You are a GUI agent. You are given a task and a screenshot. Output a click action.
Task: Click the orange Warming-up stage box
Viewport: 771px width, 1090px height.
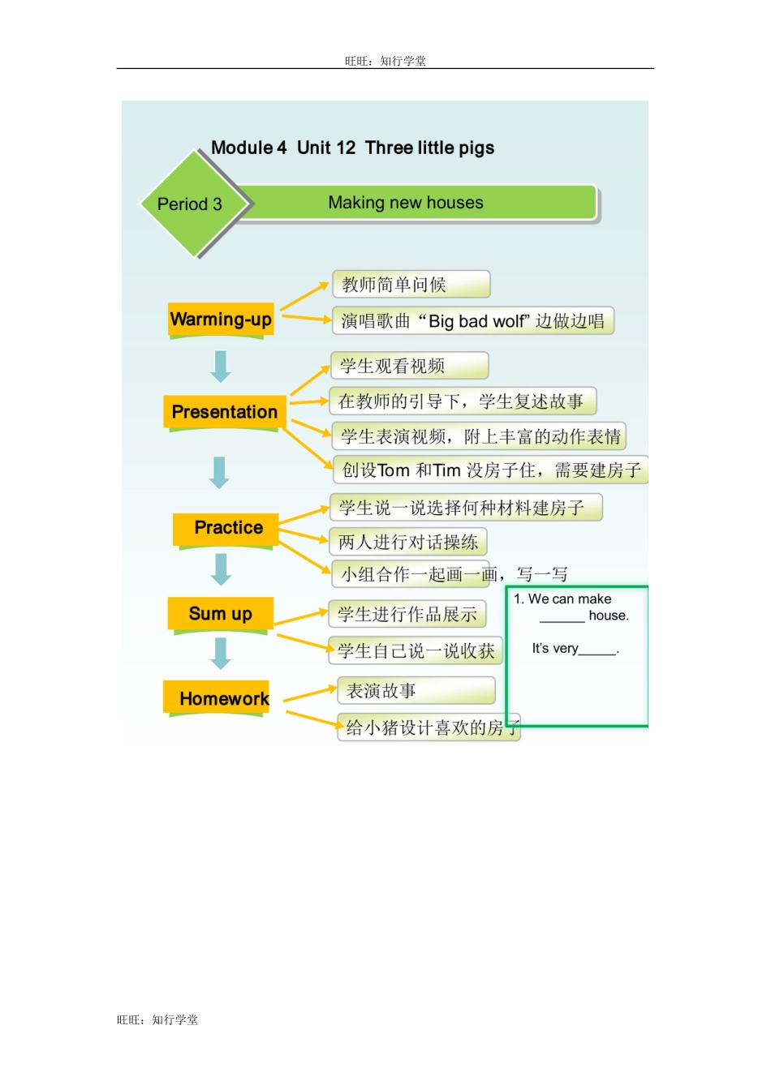click(221, 320)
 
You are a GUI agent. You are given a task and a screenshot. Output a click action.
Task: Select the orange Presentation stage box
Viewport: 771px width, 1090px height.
click(224, 412)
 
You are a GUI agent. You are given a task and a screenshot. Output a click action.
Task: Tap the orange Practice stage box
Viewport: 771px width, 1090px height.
click(228, 528)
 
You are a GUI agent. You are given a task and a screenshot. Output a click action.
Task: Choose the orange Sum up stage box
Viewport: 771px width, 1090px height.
click(220, 614)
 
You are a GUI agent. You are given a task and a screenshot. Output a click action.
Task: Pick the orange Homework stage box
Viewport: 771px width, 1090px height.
click(223, 698)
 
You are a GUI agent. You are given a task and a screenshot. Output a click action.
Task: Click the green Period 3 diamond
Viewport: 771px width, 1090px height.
click(190, 204)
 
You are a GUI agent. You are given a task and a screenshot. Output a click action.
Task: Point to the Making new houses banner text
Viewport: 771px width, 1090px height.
click(406, 203)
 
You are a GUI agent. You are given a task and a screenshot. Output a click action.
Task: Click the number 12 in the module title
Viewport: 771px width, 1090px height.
click(346, 148)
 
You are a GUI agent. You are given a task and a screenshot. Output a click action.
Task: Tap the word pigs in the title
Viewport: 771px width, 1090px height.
click(476, 148)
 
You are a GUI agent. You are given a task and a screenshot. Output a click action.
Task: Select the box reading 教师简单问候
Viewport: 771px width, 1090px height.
click(411, 285)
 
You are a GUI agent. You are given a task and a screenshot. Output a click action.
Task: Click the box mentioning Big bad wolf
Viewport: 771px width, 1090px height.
click(472, 321)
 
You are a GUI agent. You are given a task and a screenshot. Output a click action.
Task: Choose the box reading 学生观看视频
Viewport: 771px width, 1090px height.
click(409, 366)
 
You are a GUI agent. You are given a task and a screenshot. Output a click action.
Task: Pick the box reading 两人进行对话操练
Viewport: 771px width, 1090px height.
click(408, 542)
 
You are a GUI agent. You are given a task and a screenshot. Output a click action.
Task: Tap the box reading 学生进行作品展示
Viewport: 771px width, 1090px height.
click(407, 614)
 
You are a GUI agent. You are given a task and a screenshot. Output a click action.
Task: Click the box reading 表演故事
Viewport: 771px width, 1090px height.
click(416, 691)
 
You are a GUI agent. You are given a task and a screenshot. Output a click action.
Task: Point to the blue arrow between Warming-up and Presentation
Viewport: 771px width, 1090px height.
click(221, 366)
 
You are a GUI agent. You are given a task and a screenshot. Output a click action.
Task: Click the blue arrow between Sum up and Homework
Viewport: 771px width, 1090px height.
click(221, 654)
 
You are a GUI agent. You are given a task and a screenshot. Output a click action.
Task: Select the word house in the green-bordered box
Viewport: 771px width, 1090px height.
click(609, 616)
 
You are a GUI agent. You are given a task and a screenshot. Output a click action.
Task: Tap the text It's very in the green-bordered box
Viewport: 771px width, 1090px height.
click(555, 648)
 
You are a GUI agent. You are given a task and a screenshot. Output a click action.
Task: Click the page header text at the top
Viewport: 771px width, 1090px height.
click(385, 61)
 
